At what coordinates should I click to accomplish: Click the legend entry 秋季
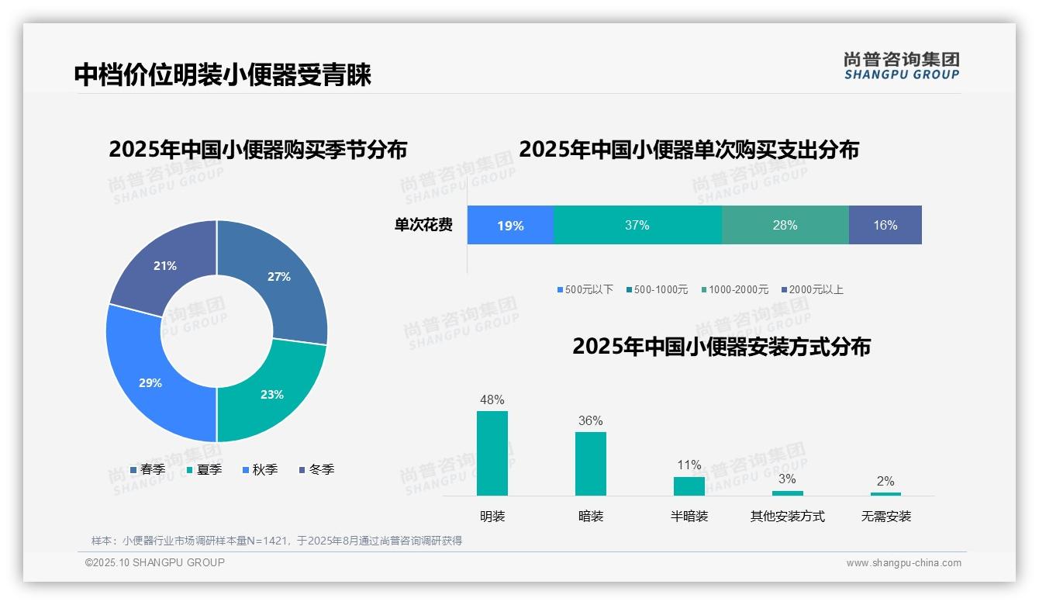(260, 470)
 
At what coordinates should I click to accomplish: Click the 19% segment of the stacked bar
(510, 226)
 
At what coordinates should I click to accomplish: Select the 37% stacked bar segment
(637, 226)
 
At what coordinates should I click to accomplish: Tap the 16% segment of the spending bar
(885, 226)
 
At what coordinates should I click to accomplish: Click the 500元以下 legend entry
(585, 290)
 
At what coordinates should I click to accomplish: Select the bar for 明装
(492, 453)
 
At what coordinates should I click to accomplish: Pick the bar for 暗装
(591, 463)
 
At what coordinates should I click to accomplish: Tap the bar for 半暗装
(689, 486)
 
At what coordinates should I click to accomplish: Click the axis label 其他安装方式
(787, 517)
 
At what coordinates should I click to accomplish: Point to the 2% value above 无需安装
(885, 482)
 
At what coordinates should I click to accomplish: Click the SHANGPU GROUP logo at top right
(901, 66)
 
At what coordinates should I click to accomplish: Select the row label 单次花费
(423, 226)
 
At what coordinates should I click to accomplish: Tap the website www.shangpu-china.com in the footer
(903, 563)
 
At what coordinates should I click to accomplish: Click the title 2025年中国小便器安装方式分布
(721, 347)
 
